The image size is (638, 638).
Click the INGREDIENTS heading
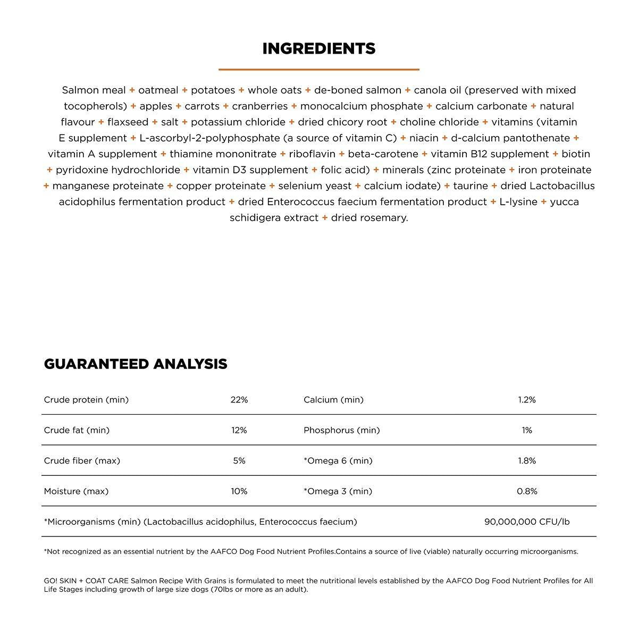point(319,49)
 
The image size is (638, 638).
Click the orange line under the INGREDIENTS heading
point(319,69)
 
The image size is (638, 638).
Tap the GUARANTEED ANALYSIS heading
point(136,364)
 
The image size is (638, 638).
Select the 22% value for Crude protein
point(239,400)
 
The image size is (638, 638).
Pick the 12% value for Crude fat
point(239,430)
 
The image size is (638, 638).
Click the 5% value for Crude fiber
point(239,461)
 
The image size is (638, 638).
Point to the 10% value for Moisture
point(239,491)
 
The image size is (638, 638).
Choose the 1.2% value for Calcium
point(527,400)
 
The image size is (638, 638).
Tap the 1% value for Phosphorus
point(527,430)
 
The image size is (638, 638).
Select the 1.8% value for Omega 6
point(527,461)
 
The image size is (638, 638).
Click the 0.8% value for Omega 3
point(527,491)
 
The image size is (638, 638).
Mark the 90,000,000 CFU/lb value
point(527,522)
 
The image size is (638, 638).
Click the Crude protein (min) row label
point(86,400)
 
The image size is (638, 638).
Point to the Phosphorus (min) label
point(342,430)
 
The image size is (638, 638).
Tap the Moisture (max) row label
point(76,491)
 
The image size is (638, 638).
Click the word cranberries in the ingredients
point(260,106)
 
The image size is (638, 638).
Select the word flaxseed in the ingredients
point(128,122)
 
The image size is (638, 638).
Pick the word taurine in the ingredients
point(471,186)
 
